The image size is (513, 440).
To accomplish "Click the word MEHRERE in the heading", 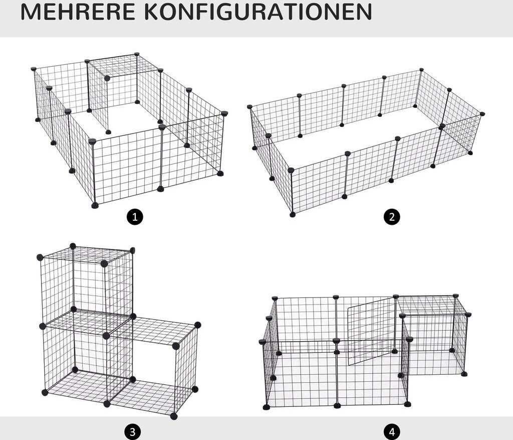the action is click(x=78, y=12).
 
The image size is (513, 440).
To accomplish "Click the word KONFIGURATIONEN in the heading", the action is click(x=258, y=12).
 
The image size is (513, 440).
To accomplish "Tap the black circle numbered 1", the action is click(x=135, y=217).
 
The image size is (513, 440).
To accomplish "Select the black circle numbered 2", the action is click(x=392, y=217).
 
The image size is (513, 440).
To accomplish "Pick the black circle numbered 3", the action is click(x=132, y=432).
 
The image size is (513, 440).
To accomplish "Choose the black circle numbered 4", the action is click(x=392, y=432).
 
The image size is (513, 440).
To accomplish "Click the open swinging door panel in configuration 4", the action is click(x=371, y=331).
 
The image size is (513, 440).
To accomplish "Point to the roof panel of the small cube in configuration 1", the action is click(x=124, y=66).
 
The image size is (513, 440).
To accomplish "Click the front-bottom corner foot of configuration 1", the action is click(x=95, y=205).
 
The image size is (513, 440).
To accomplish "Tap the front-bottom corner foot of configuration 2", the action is click(x=293, y=215).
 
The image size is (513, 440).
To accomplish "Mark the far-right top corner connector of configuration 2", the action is click(x=482, y=114).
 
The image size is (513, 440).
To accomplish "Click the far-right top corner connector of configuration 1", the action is click(x=224, y=113).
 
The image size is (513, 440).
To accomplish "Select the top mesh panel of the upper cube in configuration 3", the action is click(x=86, y=255).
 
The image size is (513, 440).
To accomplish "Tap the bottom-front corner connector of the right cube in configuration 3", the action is click(x=174, y=416).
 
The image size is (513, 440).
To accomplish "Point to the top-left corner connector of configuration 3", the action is click(x=40, y=257).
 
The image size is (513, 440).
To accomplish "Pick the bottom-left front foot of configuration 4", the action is click(x=267, y=407).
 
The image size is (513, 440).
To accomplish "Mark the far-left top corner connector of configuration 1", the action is click(x=34, y=69).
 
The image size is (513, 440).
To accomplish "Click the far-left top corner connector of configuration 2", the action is click(x=250, y=106).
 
